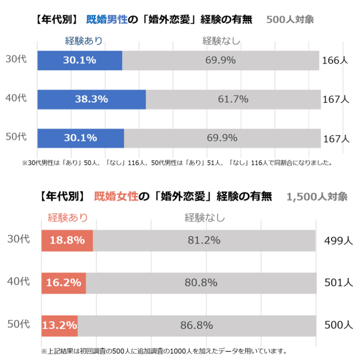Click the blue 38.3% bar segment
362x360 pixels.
91,99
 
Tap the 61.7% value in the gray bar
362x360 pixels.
233,99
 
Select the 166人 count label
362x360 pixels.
335,61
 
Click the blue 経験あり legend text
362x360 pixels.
83,41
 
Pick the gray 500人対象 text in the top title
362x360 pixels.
290,20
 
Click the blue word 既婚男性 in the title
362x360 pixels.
107,20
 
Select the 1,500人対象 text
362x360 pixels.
317,196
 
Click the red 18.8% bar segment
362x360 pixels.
67,240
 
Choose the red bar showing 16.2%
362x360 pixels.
64,283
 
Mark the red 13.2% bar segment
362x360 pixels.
59,325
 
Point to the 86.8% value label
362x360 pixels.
197,325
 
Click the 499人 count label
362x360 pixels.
338,241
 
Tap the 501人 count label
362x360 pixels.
338,283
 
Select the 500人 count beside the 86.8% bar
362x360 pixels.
338,325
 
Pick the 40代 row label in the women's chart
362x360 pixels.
19,282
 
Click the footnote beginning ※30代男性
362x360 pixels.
177,164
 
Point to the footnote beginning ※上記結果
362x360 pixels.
164,351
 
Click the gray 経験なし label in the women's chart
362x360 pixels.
205,218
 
